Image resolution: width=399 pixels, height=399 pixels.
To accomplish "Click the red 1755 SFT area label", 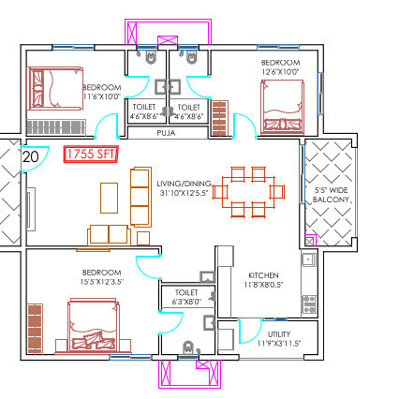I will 91,155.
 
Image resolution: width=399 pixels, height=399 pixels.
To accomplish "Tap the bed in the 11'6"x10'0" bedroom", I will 59,88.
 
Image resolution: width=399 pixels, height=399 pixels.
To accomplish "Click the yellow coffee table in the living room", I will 110,197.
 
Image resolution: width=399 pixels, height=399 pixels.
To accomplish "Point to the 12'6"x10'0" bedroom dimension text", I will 281,71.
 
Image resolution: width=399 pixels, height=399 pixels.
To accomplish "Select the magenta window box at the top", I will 170,43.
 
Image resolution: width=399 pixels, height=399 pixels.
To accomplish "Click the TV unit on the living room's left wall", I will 31,203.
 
